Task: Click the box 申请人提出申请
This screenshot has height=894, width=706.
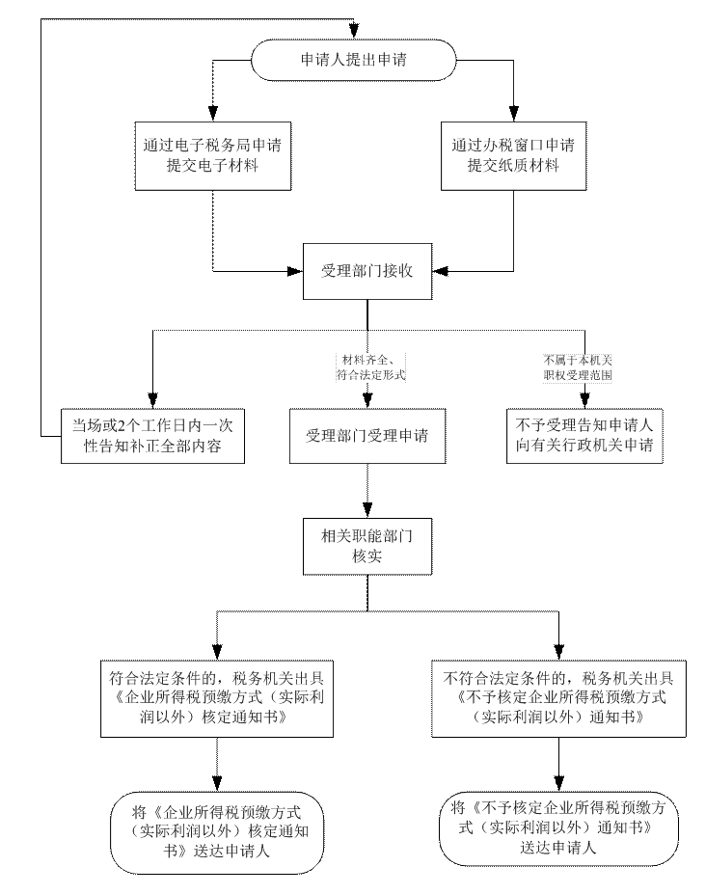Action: tap(353, 60)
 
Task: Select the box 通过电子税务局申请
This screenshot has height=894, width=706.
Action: tap(212, 155)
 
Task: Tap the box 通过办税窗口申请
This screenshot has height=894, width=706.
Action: tap(513, 155)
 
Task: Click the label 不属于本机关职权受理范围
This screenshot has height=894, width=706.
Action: tap(578, 367)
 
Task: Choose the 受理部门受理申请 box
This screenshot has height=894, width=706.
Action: tap(367, 435)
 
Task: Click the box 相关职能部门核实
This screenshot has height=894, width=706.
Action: tap(367, 544)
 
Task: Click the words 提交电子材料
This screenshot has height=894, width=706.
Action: tap(212, 166)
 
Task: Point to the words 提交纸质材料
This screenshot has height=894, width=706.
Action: tap(513, 166)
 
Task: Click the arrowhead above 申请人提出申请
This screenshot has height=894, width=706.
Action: tap(354, 29)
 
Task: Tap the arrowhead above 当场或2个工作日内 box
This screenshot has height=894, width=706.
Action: tap(150, 397)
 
